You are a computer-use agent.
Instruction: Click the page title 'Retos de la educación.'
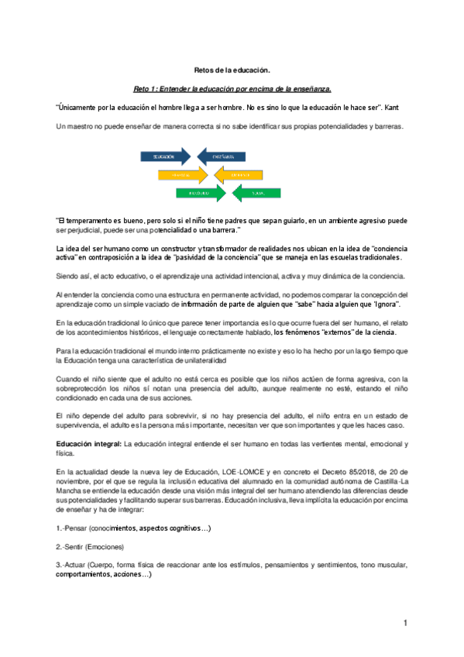pos(232,69)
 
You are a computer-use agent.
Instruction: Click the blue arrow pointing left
pos(222,157)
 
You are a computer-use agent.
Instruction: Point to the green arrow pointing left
pos(257,192)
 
